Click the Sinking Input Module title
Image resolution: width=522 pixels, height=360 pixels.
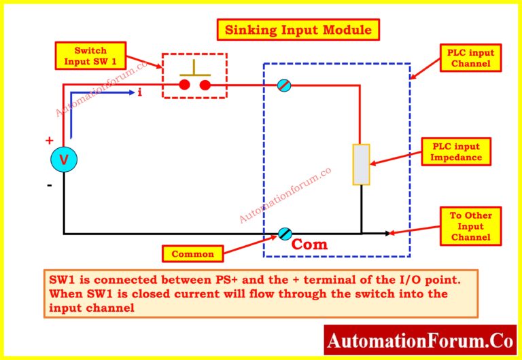(x=298, y=30)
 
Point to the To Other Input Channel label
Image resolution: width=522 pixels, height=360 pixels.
(x=471, y=226)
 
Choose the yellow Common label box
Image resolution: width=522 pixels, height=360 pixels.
(x=192, y=254)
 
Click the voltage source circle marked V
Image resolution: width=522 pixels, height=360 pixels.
(x=64, y=160)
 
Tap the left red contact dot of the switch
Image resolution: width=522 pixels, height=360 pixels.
(x=184, y=85)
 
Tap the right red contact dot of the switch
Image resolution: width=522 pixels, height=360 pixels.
(x=205, y=85)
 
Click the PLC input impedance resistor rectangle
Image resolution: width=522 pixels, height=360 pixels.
(x=361, y=164)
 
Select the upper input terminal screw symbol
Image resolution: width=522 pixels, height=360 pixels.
(x=284, y=86)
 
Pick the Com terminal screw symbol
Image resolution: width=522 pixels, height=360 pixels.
(x=284, y=234)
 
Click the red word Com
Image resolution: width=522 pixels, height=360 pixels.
(x=309, y=245)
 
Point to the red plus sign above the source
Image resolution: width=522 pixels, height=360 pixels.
(x=49, y=141)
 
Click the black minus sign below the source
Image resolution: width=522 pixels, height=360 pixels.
(x=49, y=184)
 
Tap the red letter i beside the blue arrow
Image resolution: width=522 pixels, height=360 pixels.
(x=139, y=92)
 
